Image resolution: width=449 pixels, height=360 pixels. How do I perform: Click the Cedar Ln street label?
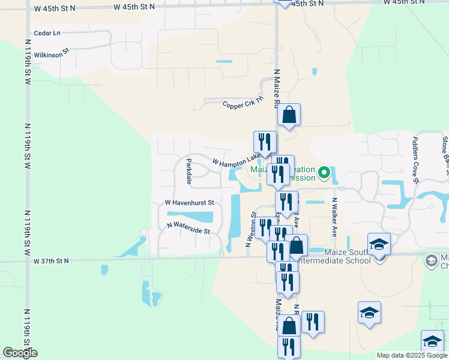(47, 33)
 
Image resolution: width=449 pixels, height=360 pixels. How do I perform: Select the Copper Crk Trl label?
(243, 104)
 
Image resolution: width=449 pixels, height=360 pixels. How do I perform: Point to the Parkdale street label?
(188, 172)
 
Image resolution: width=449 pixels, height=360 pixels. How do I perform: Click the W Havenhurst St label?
(190, 203)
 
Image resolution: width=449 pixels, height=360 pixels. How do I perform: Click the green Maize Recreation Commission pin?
(324, 173)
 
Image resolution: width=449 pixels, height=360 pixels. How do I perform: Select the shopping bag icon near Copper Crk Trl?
(289, 115)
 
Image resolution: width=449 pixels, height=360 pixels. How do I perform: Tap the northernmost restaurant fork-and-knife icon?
(265, 142)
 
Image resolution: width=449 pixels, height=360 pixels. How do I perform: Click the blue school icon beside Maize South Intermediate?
(379, 244)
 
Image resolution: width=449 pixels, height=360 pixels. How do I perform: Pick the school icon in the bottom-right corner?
(432, 341)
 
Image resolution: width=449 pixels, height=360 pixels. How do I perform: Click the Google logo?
(20, 353)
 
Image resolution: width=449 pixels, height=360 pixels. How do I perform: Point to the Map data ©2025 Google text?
(412, 355)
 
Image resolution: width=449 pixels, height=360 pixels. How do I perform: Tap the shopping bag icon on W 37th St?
(296, 245)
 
